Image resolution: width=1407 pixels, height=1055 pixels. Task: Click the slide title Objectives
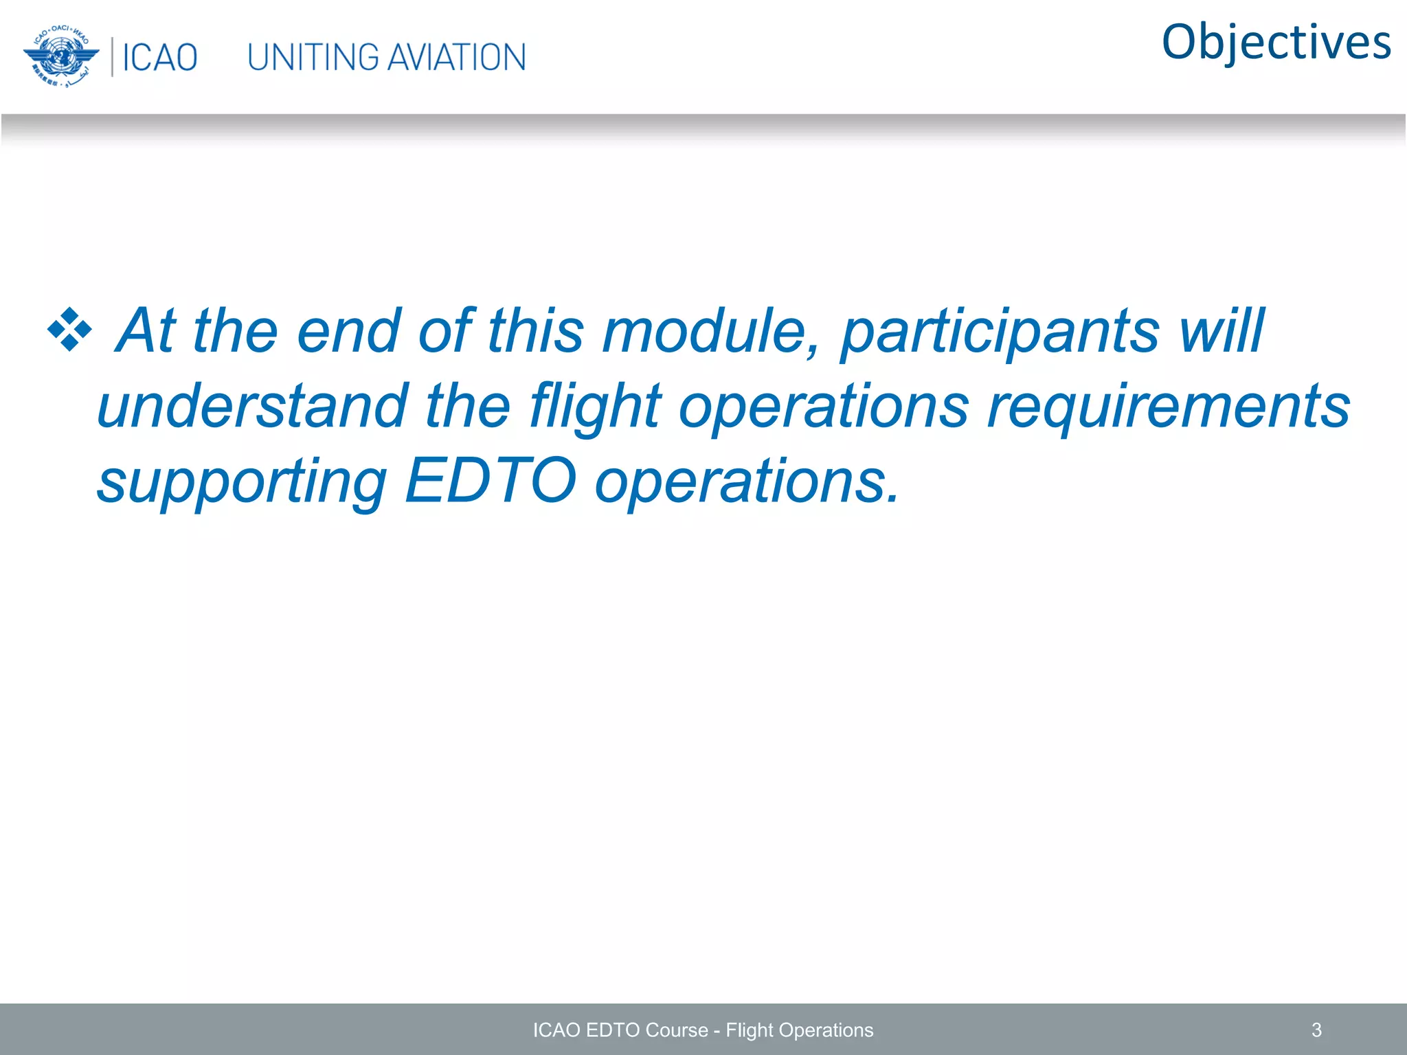pos(1276,43)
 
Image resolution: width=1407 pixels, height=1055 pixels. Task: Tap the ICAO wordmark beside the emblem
pos(159,58)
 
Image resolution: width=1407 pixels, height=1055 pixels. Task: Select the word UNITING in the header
pos(313,58)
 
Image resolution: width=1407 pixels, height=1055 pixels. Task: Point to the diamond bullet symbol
pos(69,330)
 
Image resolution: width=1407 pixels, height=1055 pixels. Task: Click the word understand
pos(252,407)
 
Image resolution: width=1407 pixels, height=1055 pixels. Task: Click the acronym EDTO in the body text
pos(490,481)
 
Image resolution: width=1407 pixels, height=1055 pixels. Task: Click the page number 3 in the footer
pos(1316,1030)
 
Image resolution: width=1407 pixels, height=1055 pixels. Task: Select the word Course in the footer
pos(676,1030)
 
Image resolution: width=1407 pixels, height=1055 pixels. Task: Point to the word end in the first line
pos(349,331)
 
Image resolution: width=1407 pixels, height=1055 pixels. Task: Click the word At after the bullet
pos(146,331)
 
